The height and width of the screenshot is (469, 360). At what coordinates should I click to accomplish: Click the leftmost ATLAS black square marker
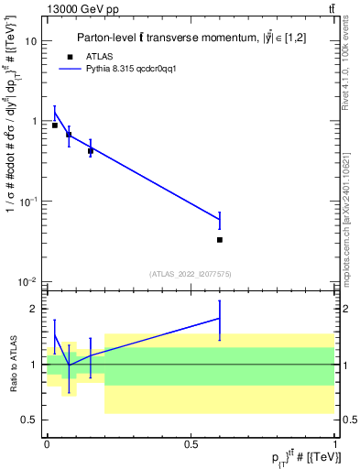(55, 125)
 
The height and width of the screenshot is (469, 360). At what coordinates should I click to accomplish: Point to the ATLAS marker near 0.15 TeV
(91, 151)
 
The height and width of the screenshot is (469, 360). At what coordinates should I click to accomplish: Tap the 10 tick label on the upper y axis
(31, 41)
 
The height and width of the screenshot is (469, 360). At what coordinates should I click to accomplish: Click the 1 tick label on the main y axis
(34, 121)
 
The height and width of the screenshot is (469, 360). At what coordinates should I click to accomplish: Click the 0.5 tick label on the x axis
(191, 443)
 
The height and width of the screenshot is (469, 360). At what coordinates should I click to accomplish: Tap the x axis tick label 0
(47, 443)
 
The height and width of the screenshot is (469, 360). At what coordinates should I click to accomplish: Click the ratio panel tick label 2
(35, 309)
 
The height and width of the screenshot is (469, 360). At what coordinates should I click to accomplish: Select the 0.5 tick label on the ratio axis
(30, 420)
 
